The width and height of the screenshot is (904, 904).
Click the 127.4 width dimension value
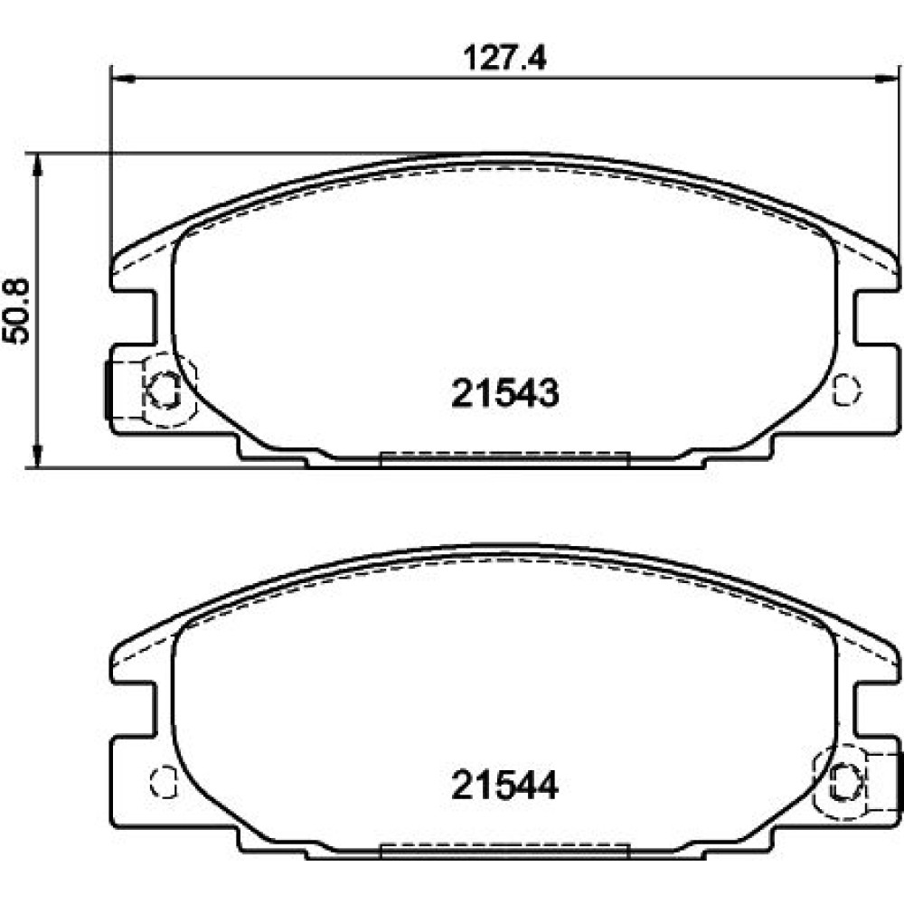(x=504, y=58)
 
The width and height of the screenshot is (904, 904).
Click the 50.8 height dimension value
(x=16, y=311)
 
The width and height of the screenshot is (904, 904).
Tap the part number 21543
(x=505, y=393)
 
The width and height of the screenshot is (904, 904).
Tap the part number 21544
(x=505, y=786)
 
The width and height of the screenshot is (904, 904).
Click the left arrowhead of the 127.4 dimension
(x=122, y=77)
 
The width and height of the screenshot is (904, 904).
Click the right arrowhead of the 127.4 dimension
(x=887, y=77)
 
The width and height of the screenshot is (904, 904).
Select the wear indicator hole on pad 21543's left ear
(x=164, y=389)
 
